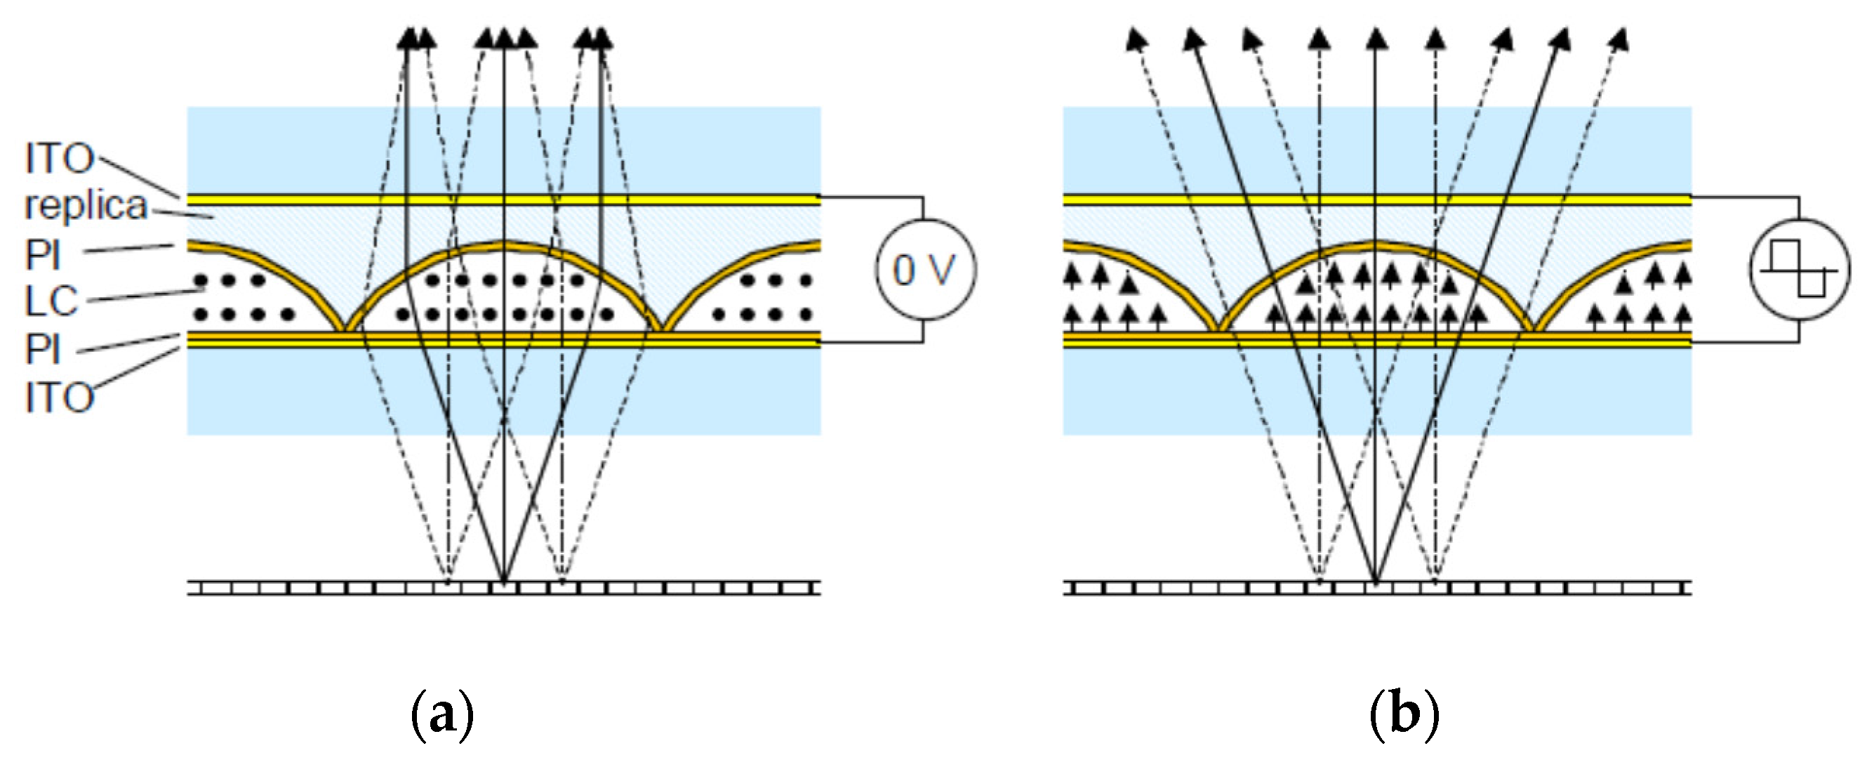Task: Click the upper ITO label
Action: tap(60, 159)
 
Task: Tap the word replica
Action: tap(86, 206)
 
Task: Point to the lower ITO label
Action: tap(60, 398)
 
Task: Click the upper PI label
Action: tap(42, 256)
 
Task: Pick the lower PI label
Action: tap(42, 349)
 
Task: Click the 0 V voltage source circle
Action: tap(924, 269)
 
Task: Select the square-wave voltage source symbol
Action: tap(1799, 269)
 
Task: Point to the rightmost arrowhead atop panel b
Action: tap(1618, 39)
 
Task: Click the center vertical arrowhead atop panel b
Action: tap(1375, 38)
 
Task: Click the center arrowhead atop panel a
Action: tap(503, 38)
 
